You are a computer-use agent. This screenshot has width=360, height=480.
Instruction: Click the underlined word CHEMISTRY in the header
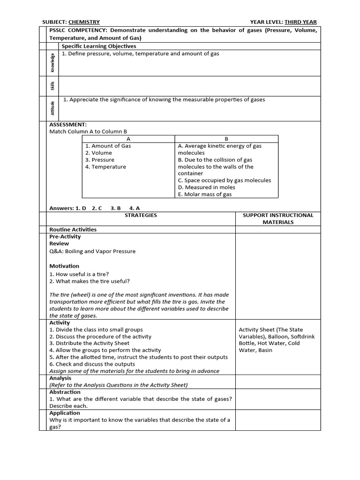point(84,22)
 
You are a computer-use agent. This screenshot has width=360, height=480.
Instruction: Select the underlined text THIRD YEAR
point(300,22)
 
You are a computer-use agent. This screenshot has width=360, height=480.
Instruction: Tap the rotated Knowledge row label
point(52,63)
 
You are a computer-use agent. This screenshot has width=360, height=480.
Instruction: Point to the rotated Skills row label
point(52,86)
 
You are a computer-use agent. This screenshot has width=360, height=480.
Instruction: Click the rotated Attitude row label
point(52,108)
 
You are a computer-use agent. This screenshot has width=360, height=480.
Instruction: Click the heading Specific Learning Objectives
point(99,46)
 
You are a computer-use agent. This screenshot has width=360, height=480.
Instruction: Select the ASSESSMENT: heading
point(68,125)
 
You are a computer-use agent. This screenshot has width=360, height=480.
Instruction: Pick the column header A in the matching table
point(128,139)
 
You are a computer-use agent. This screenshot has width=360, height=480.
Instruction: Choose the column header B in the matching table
point(226,139)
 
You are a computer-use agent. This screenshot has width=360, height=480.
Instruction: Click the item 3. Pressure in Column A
point(100,160)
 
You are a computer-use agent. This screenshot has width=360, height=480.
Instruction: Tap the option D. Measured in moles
point(207,187)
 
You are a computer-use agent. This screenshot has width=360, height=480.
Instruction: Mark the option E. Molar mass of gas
point(205,195)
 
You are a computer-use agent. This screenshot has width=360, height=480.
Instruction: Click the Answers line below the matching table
point(95,208)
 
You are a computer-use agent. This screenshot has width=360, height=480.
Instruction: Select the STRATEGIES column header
point(141,215)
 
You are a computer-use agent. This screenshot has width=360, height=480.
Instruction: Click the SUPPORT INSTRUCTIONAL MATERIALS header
point(278,218)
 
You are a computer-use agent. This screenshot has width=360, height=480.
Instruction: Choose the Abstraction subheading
point(65,392)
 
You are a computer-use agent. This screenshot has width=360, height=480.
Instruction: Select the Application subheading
point(65,413)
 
